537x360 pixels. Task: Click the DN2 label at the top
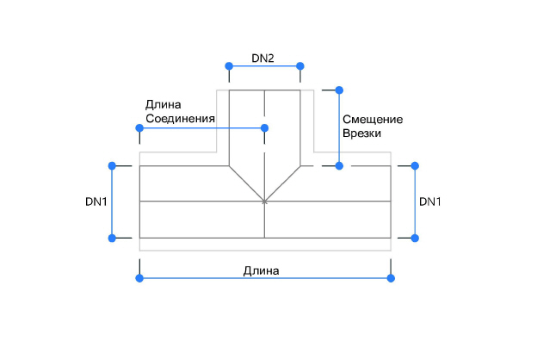click(x=262, y=59)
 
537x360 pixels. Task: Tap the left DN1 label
click(x=96, y=202)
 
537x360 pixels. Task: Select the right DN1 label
click(x=429, y=202)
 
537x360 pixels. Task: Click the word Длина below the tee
click(x=261, y=270)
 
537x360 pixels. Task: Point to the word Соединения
click(x=180, y=118)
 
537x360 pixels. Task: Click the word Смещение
click(x=373, y=119)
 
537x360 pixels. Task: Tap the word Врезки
click(x=361, y=133)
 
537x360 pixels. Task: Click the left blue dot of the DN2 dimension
click(x=228, y=66)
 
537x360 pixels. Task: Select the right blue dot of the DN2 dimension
click(x=300, y=66)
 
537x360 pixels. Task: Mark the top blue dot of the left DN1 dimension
click(x=112, y=165)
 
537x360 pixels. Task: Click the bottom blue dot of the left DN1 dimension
click(x=112, y=238)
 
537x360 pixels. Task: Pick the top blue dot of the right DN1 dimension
click(x=415, y=165)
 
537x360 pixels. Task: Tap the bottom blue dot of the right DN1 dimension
click(x=415, y=238)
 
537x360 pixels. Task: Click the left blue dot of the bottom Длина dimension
click(x=139, y=278)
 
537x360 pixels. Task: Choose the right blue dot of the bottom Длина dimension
click(x=391, y=278)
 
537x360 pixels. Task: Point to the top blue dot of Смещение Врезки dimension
click(x=339, y=90)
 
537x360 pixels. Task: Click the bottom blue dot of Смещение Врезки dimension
click(x=339, y=165)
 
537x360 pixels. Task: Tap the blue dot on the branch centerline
click(x=264, y=128)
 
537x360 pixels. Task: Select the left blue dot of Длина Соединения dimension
click(x=139, y=128)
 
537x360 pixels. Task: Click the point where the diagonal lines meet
click(x=264, y=202)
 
